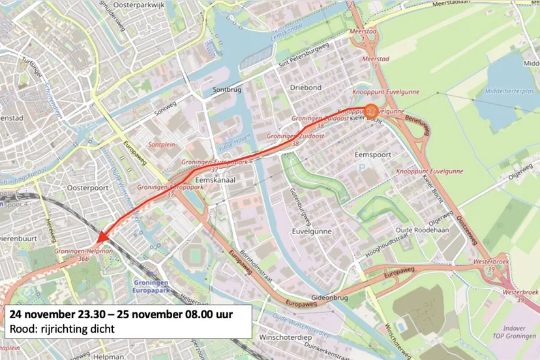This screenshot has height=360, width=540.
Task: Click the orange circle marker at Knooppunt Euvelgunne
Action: click(371, 111)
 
